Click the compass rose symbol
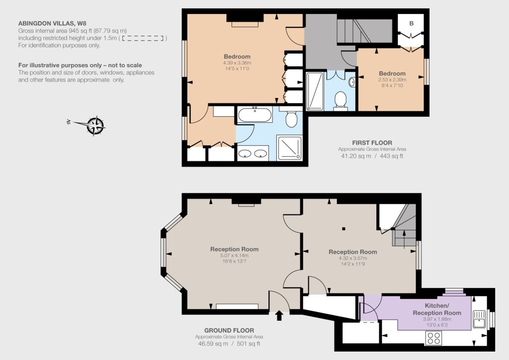[x=95, y=126]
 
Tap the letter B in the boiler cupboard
[x=411, y=23]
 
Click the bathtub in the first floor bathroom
[x=255, y=114]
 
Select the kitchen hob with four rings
[x=433, y=338]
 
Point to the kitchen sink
[x=480, y=319]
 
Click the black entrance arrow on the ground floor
[x=279, y=316]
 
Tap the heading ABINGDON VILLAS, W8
[x=52, y=23]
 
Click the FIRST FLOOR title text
[x=372, y=143]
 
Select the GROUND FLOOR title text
[x=229, y=331]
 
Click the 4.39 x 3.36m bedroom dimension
[x=237, y=63]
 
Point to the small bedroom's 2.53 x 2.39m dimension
[x=392, y=80]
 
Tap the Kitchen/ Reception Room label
[x=437, y=309]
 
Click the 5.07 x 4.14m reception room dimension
[x=234, y=256]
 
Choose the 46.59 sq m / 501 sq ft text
[x=229, y=344]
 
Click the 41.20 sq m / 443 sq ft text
[x=372, y=156]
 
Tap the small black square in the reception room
[x=343, y=229]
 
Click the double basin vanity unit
[x=253, y=153]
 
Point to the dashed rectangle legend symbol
[x=143, y=38]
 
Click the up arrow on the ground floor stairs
[x=404, y=239]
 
